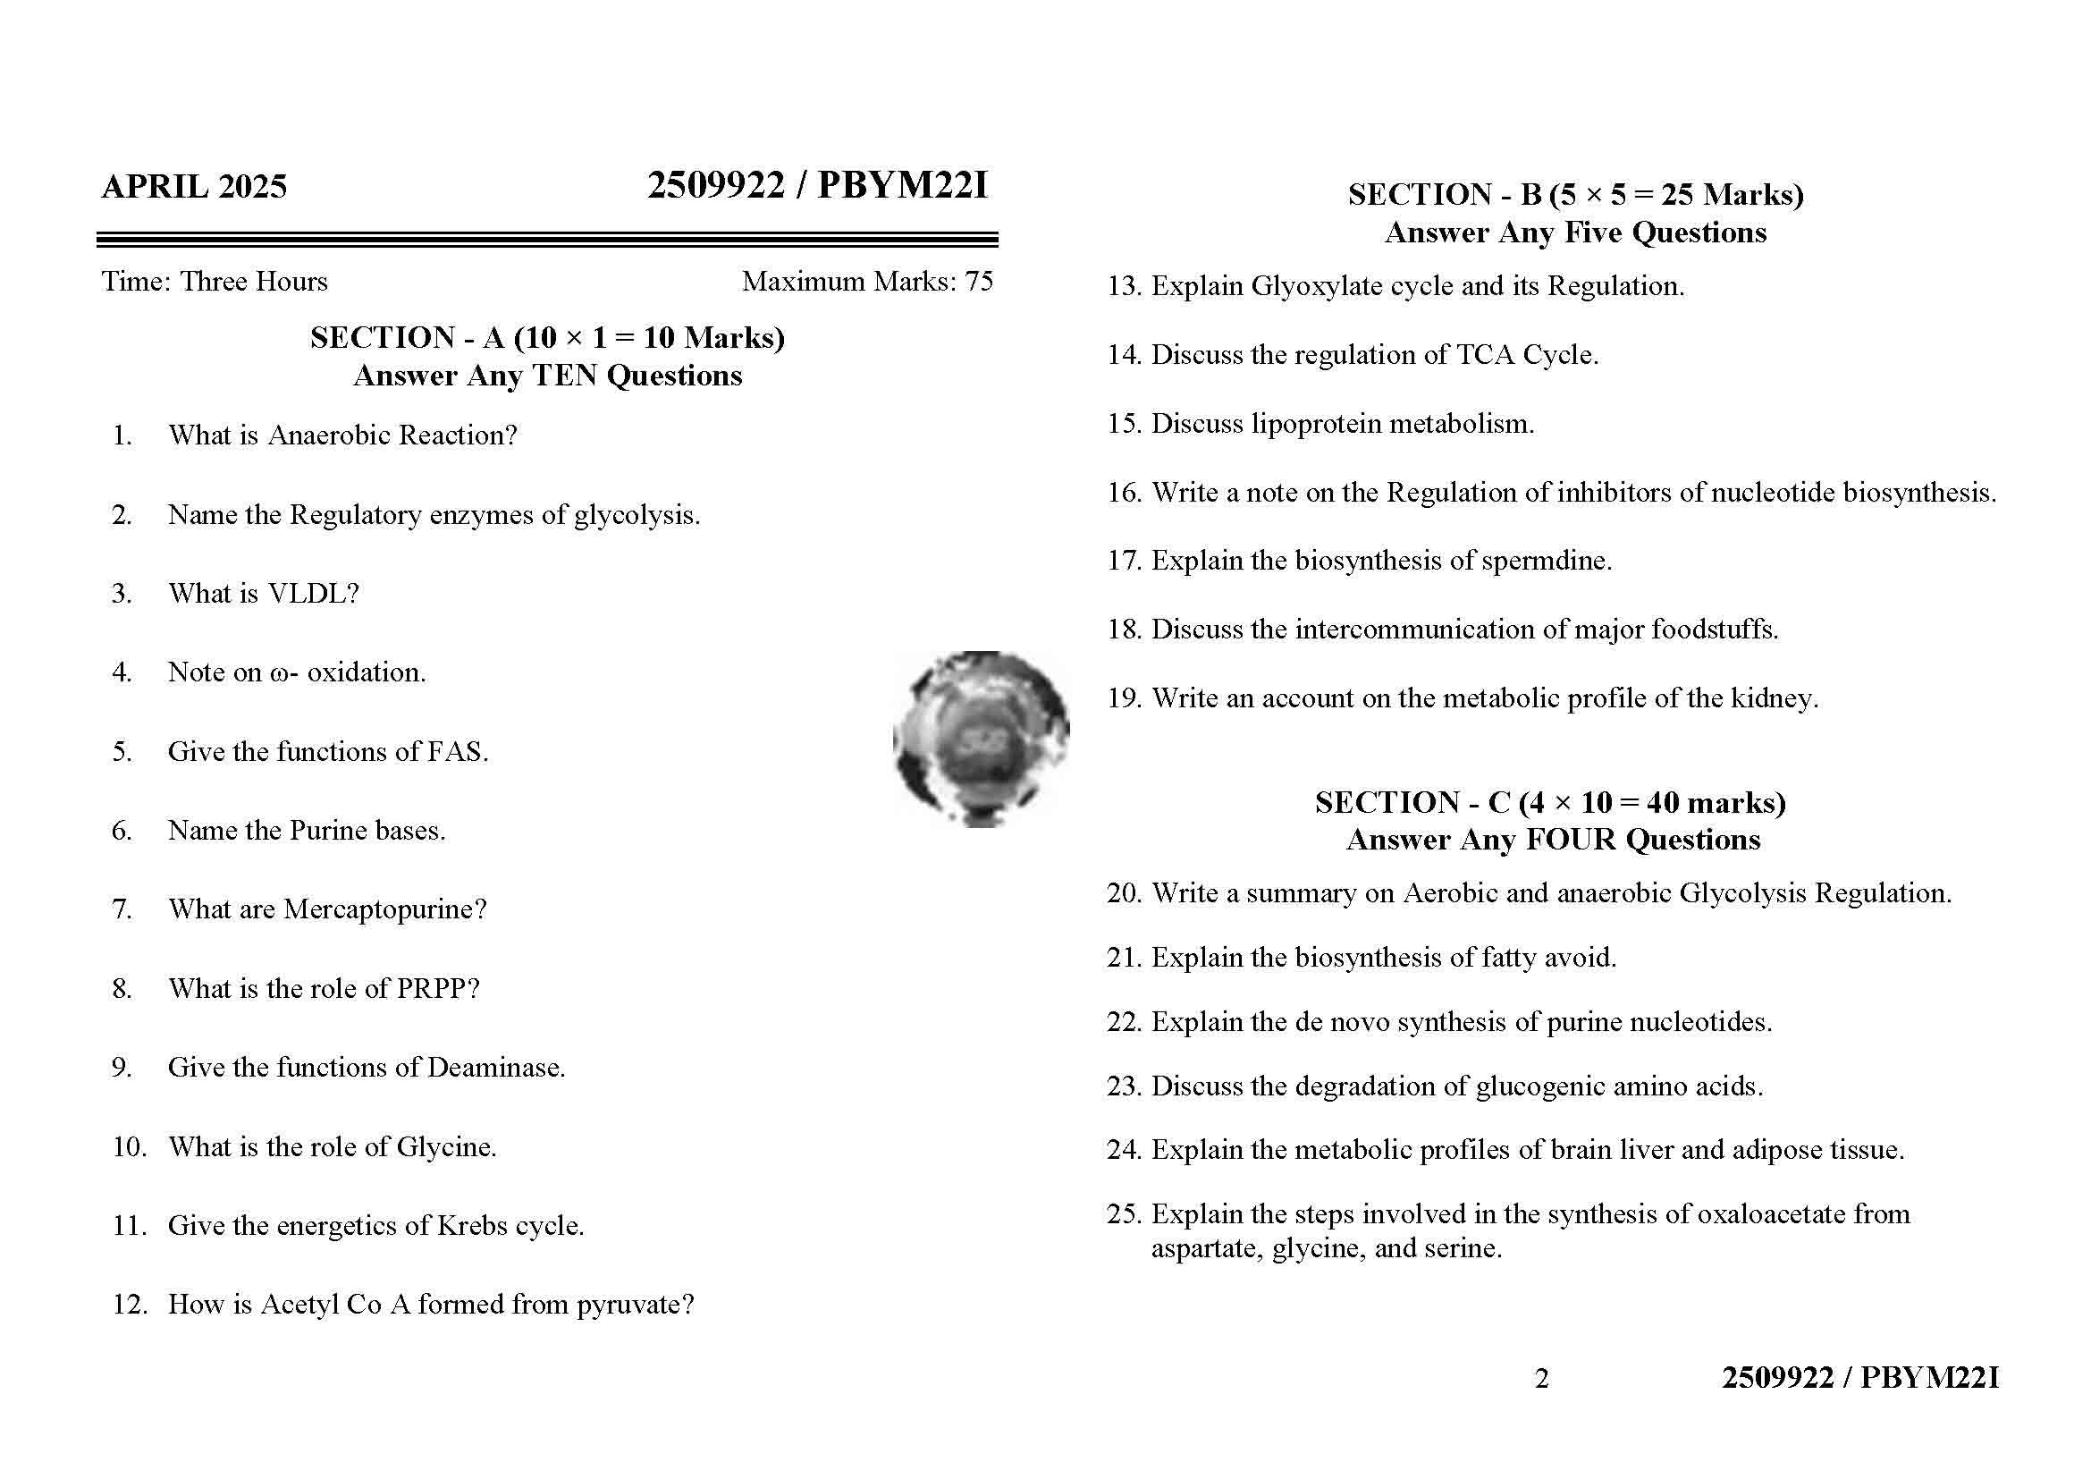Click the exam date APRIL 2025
pyautogui.click(x=194, y=187)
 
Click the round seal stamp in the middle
pyautogui.click(x=981, y=739)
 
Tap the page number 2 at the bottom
pyautogui.click(x=1541, y=1379)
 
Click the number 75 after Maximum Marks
pyautogui.click(x=979, y=282)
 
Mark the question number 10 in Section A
pyautogui.click(x=130, y=1146)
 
